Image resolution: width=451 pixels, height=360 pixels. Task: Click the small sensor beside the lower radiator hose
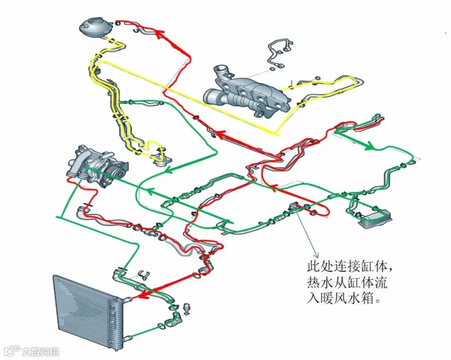tap(188, 307)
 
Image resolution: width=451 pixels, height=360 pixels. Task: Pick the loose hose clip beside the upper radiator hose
tap(143, 274)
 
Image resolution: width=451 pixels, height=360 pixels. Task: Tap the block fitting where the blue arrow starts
tap(296, 207)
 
